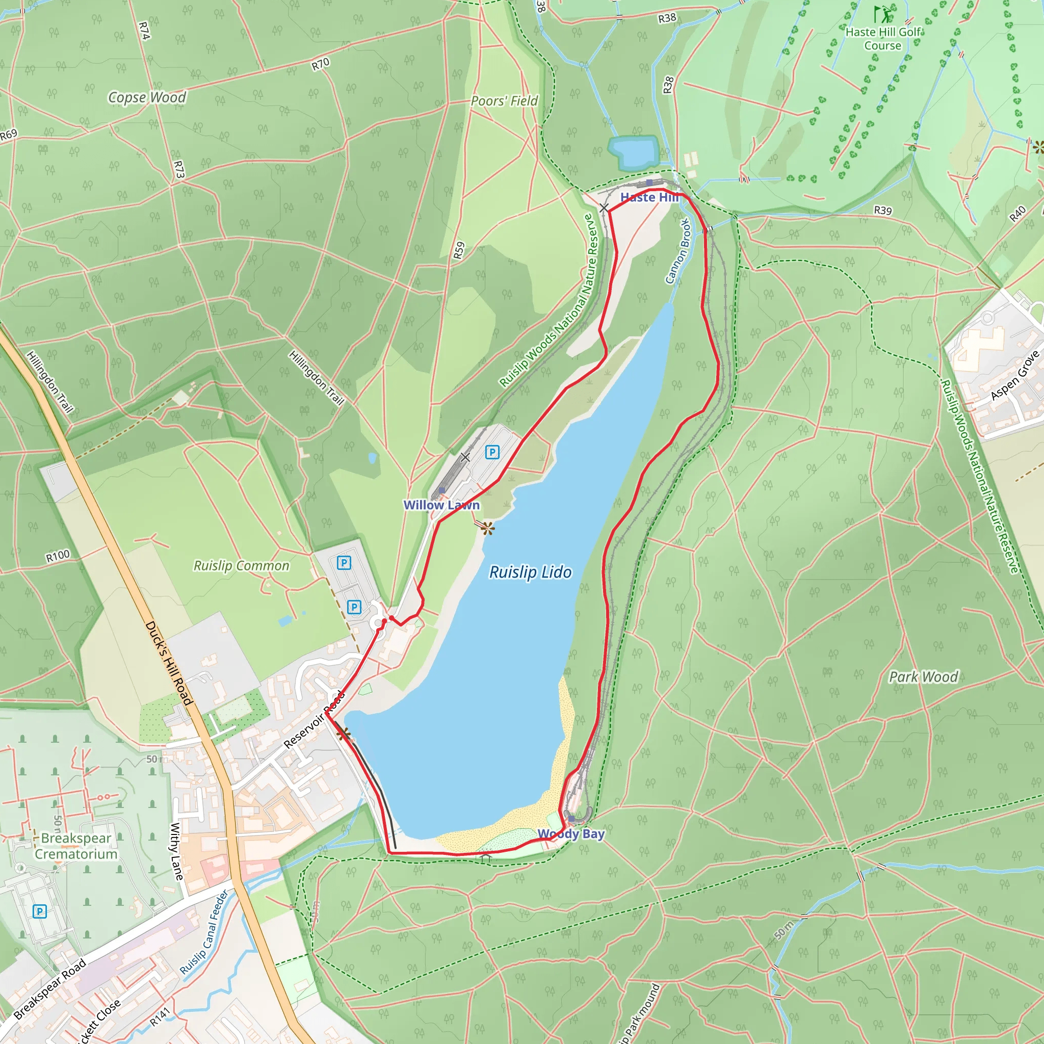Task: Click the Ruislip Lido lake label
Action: coord(530,572)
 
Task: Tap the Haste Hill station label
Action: coord(648,197)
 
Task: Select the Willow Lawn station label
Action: coord(441,505)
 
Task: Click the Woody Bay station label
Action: coord(570,833)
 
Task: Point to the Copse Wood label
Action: coord(147,97)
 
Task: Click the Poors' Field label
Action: coord(504,101)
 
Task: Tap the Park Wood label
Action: coord(923,676)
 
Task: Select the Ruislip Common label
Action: coord(242,566)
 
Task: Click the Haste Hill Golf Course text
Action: coord(882,39)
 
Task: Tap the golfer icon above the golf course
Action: coord(882,14)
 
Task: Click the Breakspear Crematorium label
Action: coord(76,846)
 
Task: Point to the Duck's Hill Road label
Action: coord(169,663)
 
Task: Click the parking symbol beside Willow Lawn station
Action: coord(492,452)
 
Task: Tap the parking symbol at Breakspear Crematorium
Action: coord(39,911)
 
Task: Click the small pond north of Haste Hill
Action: coord(633,151)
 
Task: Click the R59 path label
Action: coord(459,250)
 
